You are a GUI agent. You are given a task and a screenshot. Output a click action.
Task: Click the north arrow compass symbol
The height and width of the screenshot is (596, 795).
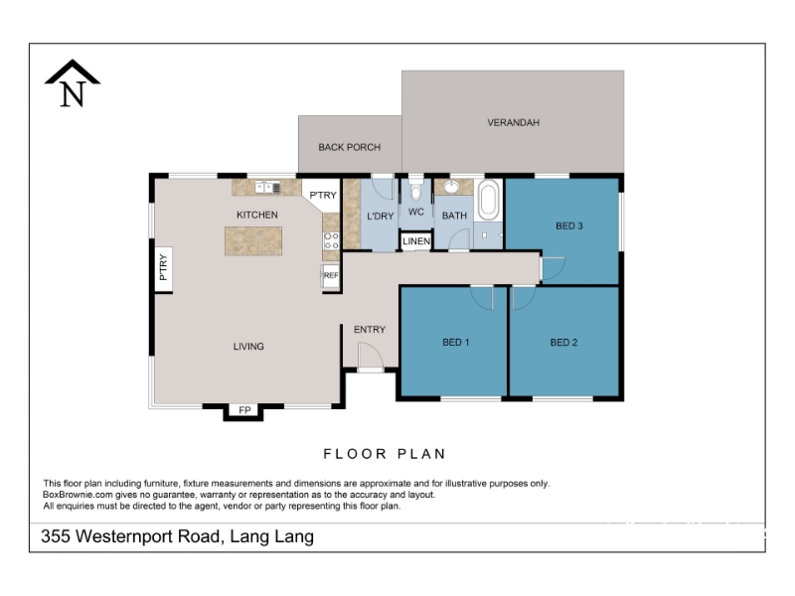73,83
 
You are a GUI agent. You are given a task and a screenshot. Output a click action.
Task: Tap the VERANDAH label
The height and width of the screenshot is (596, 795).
513,122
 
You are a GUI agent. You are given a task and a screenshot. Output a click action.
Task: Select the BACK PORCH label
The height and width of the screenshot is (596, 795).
350,147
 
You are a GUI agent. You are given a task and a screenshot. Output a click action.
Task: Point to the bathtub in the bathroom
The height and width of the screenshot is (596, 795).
488,200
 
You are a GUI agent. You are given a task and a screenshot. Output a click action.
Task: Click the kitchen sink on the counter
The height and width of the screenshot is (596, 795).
267,187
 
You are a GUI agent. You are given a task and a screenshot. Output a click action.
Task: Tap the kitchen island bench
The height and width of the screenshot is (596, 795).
253,240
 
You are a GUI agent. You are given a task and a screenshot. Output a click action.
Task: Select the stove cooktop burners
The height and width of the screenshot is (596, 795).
331,240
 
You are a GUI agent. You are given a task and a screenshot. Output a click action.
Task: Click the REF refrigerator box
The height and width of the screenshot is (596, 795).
331,276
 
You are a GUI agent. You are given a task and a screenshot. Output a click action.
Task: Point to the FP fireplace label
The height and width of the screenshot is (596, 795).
244,410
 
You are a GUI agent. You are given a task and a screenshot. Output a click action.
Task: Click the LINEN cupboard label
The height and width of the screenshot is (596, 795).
416,241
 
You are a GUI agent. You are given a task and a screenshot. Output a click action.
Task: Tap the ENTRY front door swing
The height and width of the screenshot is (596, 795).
370,357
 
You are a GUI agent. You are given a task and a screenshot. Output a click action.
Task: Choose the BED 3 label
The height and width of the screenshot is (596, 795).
569,226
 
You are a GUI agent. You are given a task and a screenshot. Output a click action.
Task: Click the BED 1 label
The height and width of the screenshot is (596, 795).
456,343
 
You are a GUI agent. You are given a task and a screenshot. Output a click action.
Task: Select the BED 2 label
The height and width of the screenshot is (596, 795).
563,343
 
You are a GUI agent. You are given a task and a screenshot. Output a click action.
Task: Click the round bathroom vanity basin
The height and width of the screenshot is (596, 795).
451,187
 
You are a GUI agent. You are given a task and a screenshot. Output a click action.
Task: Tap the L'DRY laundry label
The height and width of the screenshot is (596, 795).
381,217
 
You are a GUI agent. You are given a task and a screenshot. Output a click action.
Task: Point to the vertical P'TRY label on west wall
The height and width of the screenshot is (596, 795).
163,267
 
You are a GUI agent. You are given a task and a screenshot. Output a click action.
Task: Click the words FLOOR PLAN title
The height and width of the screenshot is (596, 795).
385,454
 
